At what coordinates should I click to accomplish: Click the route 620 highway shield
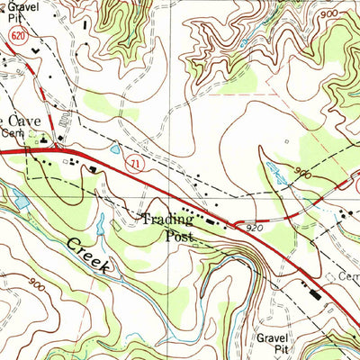(19, 32)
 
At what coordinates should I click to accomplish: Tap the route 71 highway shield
(133, 164)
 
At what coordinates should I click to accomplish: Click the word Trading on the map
(166, 220)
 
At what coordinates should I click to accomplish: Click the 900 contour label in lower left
(37, 285)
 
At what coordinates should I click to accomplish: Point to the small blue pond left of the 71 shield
(114, 151)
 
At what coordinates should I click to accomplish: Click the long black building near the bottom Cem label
(314, 292)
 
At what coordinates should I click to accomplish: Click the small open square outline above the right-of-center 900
(286, 141)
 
